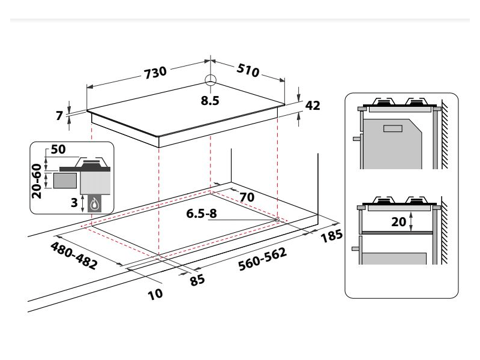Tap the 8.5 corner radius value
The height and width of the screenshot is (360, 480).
point(210,101)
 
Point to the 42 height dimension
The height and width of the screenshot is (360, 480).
point(313,106)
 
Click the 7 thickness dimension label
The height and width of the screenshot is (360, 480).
point(59,115)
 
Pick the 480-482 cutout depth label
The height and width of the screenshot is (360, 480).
point(74,256)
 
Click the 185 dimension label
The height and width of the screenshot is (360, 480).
point(331,236)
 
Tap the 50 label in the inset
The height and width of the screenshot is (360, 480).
point(58,149)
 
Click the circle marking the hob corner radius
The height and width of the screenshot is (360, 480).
point(210,80)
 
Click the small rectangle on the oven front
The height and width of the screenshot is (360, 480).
point(392,128)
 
